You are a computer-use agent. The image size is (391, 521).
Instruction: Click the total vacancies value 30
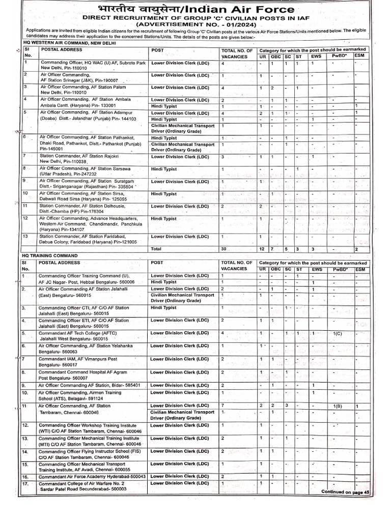pyautogui.click(x=224, y=249)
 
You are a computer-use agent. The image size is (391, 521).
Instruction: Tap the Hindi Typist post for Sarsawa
pyautogui.click(x=163, y=168)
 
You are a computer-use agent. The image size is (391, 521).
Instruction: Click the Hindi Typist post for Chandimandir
pyautogui.click(x=163, y=219)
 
